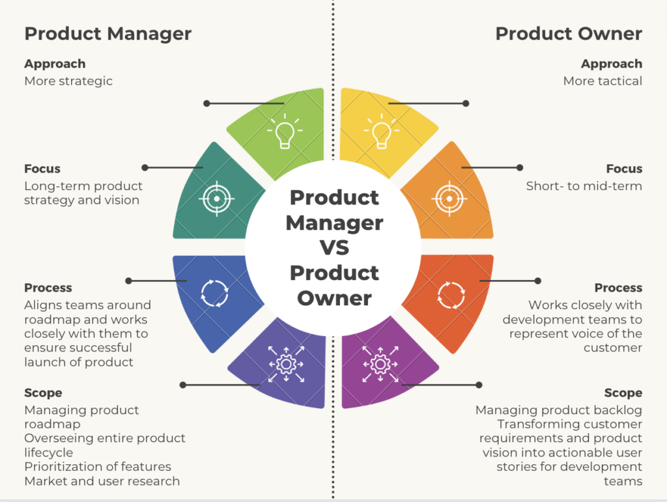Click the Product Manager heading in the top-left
click(x=108, y=34)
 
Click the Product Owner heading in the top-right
click(x=569, y=34)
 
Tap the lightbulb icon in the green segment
click(x=285, y=132)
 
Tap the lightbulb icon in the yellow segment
click(x=382, y=132)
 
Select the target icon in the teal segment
click(x=217, y=199)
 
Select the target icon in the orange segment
click(x=449, y=199)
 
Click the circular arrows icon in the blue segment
click(x=215, y=293)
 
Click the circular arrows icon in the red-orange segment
click(x=451, y=295)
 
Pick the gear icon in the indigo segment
click(x=287, y=364)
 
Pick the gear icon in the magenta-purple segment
click(x=380, y=364)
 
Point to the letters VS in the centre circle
click(x=334, y=248)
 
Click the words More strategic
click(x=68, y=81)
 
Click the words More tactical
click(x=603, y=81)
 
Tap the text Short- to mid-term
click(x=584, y=186)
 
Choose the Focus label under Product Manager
click(x=42, y=169)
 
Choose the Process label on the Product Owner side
click(x=619, y=288)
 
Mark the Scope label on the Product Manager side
click(x=43, y=393)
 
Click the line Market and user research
click(x=102, y=481)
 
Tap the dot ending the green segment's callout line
click(x=206, y=104)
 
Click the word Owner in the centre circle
click(x=334, y=298)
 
